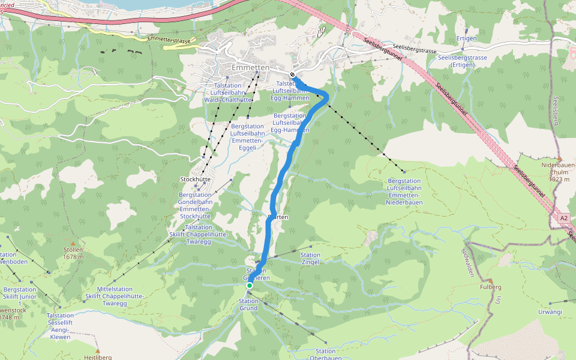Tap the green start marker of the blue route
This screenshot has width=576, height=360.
[x=250, y=286]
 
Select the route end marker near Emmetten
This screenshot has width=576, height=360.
[x=293, y=76]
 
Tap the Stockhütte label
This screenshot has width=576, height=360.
[x=194, y=179]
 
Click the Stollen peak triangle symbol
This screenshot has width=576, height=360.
[x=73, y=243]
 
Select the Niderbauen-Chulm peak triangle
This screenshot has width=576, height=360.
[x=559, y=159]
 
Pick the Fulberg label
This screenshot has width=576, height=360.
[x=490, y=287]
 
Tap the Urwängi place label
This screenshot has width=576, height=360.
[x=550, y=312]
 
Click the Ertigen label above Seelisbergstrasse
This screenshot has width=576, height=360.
[x=466, y=38]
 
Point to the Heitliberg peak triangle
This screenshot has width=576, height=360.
[x=97, y=350]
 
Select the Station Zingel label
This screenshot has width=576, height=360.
[x=310, y=259]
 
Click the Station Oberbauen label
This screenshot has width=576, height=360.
[x=325, y=355]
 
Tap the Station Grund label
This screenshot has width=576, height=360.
[x=248, y=304]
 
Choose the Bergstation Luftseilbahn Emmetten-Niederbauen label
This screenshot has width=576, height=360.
[x=404, y=191]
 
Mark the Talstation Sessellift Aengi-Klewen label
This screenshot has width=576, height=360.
[x=60, y=326]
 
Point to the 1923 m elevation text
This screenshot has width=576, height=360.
[x=559, y=179]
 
